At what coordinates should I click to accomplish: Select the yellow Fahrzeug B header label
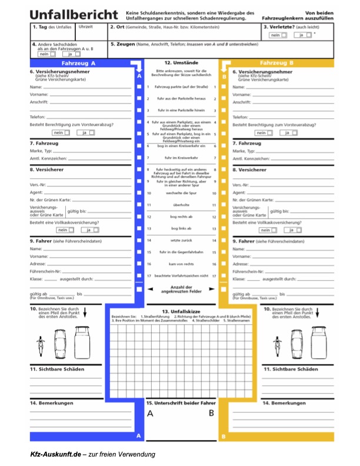(276, 62)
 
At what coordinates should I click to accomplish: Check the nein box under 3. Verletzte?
(285, 35)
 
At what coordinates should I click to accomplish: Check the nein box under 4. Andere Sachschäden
(52, 54)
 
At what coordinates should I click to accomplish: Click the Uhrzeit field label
(85, 26)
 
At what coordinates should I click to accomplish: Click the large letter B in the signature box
(211, 413)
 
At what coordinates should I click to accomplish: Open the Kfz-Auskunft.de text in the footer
(55, 454)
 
